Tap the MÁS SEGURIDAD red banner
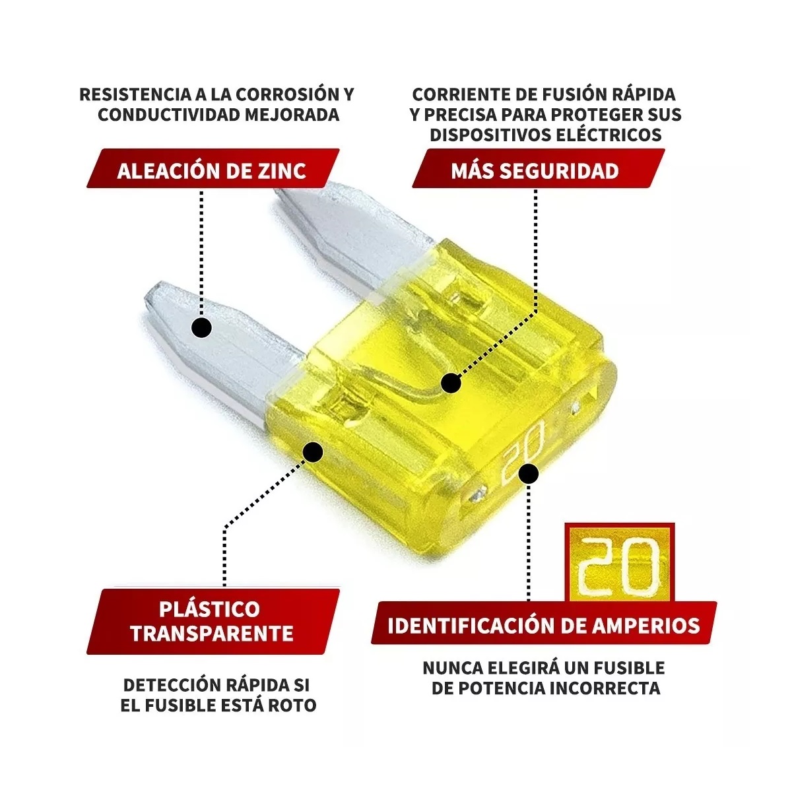[x=535, y=170]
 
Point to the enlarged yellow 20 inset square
[x=620, y=562]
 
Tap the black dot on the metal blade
[x=201, y=327]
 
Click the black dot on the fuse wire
[x=451, y=382]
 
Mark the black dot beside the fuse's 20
[x=529, y=473]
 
